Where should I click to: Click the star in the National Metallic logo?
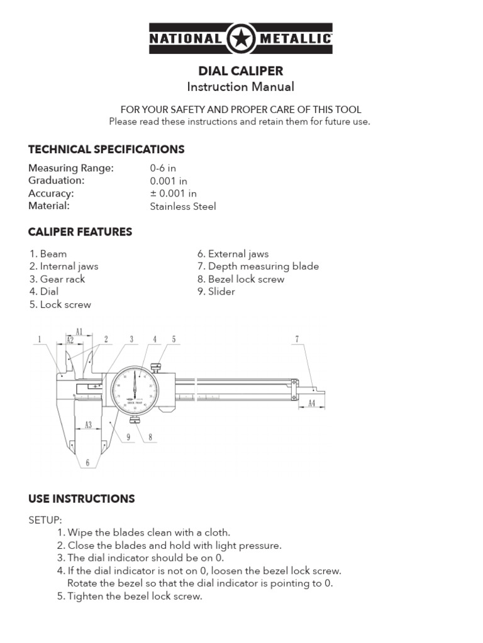240,40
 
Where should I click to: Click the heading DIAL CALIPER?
241,71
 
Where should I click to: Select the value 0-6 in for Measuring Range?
163,168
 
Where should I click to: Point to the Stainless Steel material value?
182,206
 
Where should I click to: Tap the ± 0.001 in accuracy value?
173,193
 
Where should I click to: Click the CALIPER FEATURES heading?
80,232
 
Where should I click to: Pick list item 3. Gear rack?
57,279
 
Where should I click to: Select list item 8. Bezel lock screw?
241,279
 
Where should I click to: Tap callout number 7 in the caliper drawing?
296,340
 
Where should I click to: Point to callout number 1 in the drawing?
39,340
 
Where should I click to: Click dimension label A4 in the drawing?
311,404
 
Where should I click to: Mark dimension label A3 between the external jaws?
88,425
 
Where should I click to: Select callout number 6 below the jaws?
88,463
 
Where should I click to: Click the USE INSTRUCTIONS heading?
81,499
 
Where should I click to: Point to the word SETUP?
45,520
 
